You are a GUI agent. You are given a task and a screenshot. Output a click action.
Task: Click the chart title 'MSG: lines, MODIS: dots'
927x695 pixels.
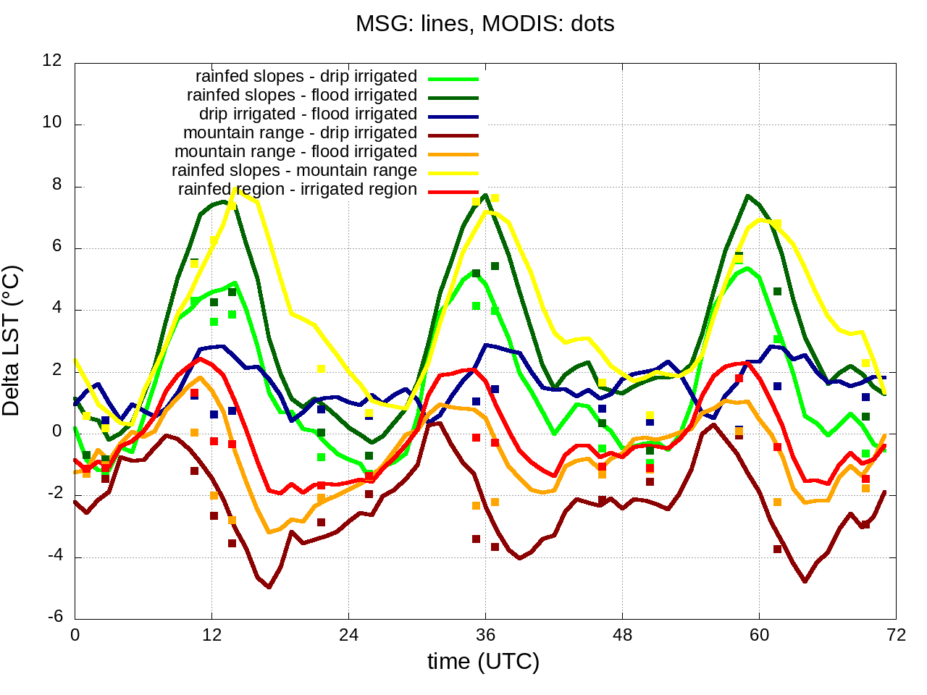tap(485, 24)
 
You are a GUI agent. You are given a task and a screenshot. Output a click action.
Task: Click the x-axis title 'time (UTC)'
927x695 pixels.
tap(483, 661)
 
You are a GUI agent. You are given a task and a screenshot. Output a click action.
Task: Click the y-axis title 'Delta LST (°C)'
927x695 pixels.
tap(12, 341)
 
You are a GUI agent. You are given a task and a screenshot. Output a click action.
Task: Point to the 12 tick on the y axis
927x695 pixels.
tap(52, 61)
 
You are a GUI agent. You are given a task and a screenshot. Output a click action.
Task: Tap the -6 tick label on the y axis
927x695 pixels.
tap(55, 618)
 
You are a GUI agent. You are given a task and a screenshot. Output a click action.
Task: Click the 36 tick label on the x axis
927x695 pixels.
tap(485, 636)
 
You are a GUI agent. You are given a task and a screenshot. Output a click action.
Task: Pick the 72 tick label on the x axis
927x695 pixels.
tap(896, 636)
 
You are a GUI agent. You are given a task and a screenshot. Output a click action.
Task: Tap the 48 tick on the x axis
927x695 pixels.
tap(622, 636)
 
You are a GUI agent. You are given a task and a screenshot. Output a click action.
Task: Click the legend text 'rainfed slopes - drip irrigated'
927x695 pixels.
tap(306, 77)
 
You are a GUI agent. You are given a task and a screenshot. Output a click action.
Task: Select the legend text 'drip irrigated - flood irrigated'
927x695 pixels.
tap(308, 114)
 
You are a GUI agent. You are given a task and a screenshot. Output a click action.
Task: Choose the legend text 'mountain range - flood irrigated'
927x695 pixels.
tap(295, 152)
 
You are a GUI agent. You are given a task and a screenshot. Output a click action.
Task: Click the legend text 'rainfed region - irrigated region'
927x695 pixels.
tap(298, 190)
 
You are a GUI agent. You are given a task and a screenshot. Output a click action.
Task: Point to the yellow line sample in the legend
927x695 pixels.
tap(453, 174)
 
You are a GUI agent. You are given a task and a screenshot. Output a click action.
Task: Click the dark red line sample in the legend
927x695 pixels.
tap(453, 136)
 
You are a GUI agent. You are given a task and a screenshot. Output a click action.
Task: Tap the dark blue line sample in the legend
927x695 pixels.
tap(453, 117)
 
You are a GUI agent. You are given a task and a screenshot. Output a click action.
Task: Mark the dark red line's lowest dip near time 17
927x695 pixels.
tap(269, 587)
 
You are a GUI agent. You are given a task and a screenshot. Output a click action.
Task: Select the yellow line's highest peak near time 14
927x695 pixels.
tap(235, 189)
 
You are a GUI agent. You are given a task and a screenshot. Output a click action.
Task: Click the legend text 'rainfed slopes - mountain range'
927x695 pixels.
tap(294, 171)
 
